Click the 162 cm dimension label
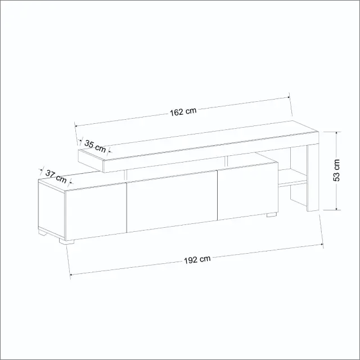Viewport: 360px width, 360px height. (183, 111)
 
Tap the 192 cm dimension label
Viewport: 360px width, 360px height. (197, 259)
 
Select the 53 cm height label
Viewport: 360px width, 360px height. (336, 170)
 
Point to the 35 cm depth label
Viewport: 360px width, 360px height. (95, 146)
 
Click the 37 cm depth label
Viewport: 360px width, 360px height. (56, 176)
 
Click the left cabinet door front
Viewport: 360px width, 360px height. (96, 212)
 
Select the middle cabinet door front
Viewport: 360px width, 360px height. (172, 201)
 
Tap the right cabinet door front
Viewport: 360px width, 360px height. (247, 191)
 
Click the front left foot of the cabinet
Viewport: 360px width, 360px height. (66, 241)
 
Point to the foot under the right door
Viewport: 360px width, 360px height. (272, 215)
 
